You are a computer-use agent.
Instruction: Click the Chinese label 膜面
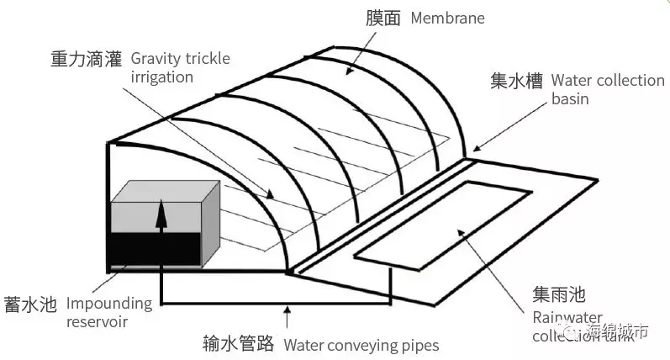pos(386,18)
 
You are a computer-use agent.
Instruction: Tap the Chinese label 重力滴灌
pos(86,60)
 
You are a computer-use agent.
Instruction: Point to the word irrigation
pos(162,77)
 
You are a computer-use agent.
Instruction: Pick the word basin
pos(570,99)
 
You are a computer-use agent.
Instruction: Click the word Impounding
pos(109,304)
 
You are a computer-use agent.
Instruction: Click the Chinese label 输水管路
pos(238,344)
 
